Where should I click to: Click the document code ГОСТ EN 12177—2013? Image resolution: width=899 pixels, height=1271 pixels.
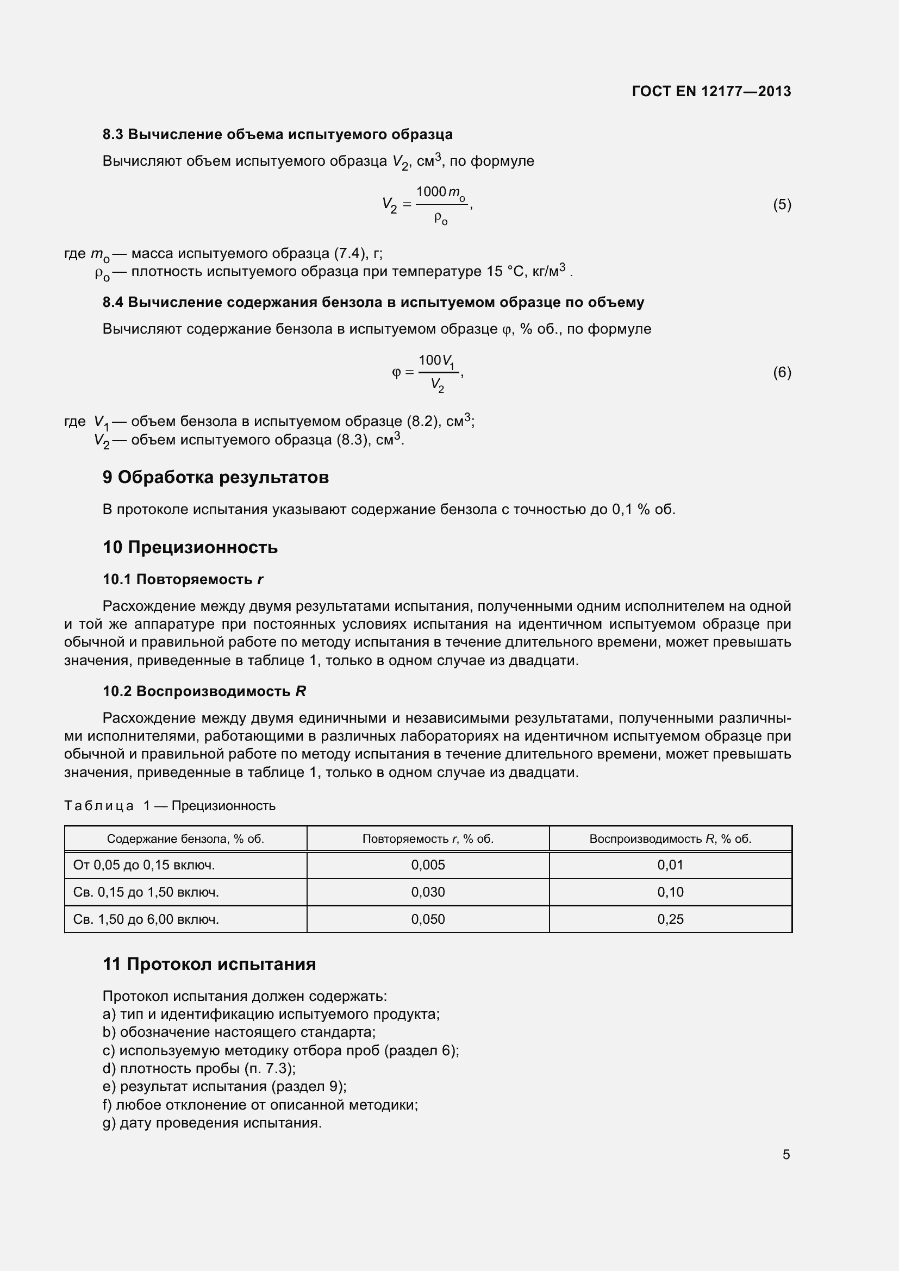tap(711, 91)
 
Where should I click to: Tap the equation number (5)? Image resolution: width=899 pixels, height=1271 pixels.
tap(782, 205)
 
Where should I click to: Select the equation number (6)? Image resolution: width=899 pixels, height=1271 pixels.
tap(782, 373)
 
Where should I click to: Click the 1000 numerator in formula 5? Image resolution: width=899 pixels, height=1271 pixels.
tap(430, 191)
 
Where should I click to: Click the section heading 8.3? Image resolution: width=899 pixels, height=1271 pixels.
tap(277, 135)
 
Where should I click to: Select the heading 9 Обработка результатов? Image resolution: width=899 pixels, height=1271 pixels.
tap(215, 477)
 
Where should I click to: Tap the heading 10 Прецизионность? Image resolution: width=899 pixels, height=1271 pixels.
tap(190, 548)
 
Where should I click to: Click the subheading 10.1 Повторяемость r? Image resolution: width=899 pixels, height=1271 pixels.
tap(183, 580)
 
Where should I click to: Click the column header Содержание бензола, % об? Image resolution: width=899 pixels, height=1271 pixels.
tap(185, 838)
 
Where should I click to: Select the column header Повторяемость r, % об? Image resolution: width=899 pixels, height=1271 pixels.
tap(427, 838)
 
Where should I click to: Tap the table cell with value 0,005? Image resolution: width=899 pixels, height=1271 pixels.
tap(427, 865)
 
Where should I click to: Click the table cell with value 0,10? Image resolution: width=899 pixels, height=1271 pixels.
tap(670, 892)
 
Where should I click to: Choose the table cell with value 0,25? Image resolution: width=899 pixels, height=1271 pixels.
tap(670, 919)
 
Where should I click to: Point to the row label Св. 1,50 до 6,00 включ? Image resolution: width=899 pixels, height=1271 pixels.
tap(146, 919)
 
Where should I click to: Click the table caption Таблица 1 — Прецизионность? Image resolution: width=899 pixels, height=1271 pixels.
tap(170, 806)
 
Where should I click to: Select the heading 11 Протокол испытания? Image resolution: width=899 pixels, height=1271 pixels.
tap(209, 965)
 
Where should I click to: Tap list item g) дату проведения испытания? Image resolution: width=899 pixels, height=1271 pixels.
tap(212, 1123)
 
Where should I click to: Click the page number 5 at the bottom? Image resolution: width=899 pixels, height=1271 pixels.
tap(786, 1155)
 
